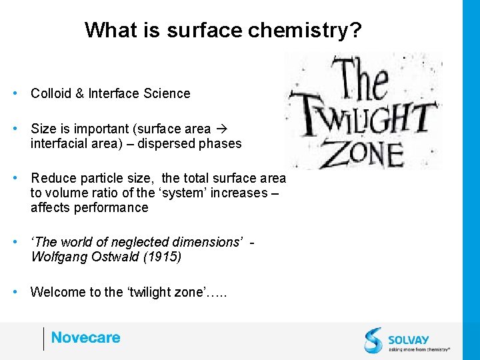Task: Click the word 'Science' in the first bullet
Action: (x=167, y=93)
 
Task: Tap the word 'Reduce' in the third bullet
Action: (x=53, y=178)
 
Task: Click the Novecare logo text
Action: (x=85, y=338)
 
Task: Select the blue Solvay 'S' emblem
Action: (x=374, y=339)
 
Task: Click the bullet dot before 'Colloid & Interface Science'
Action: (x=15, y=93)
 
